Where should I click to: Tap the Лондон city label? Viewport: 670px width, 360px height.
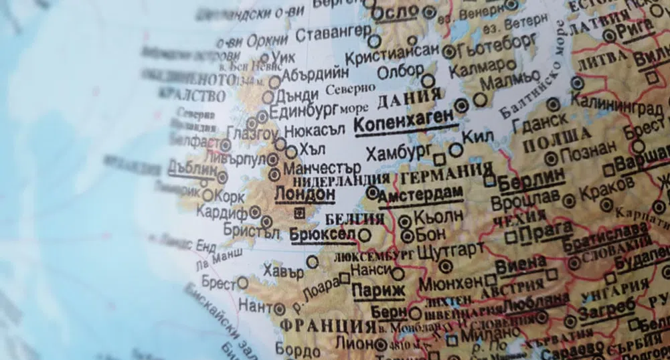[x=305, y=193]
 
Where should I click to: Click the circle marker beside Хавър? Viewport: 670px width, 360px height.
[x=312, y=262]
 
